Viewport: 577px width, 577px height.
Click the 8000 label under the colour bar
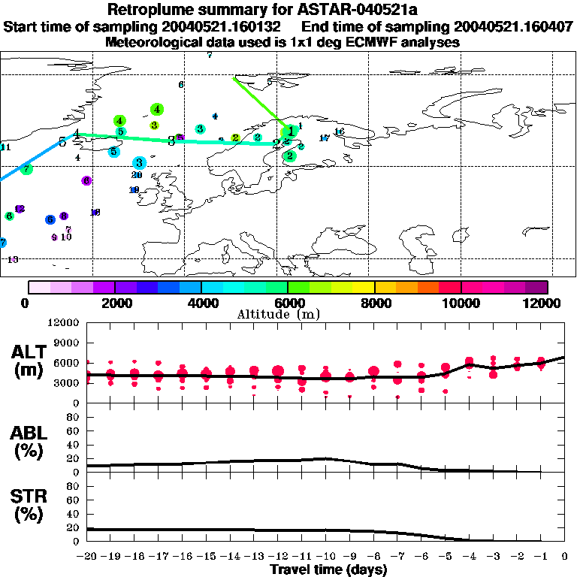(374, 303)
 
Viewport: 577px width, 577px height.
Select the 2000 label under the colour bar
(114, 303)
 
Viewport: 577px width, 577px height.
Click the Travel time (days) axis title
(328, 569)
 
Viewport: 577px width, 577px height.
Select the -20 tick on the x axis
(88, 557)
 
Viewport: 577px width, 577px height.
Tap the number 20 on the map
(137, 175)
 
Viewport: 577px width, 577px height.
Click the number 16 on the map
(339, 132)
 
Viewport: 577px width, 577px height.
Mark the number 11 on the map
(6, 147)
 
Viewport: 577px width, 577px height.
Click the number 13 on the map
(13, 259)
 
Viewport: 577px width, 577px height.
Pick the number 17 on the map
(325, 138)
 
